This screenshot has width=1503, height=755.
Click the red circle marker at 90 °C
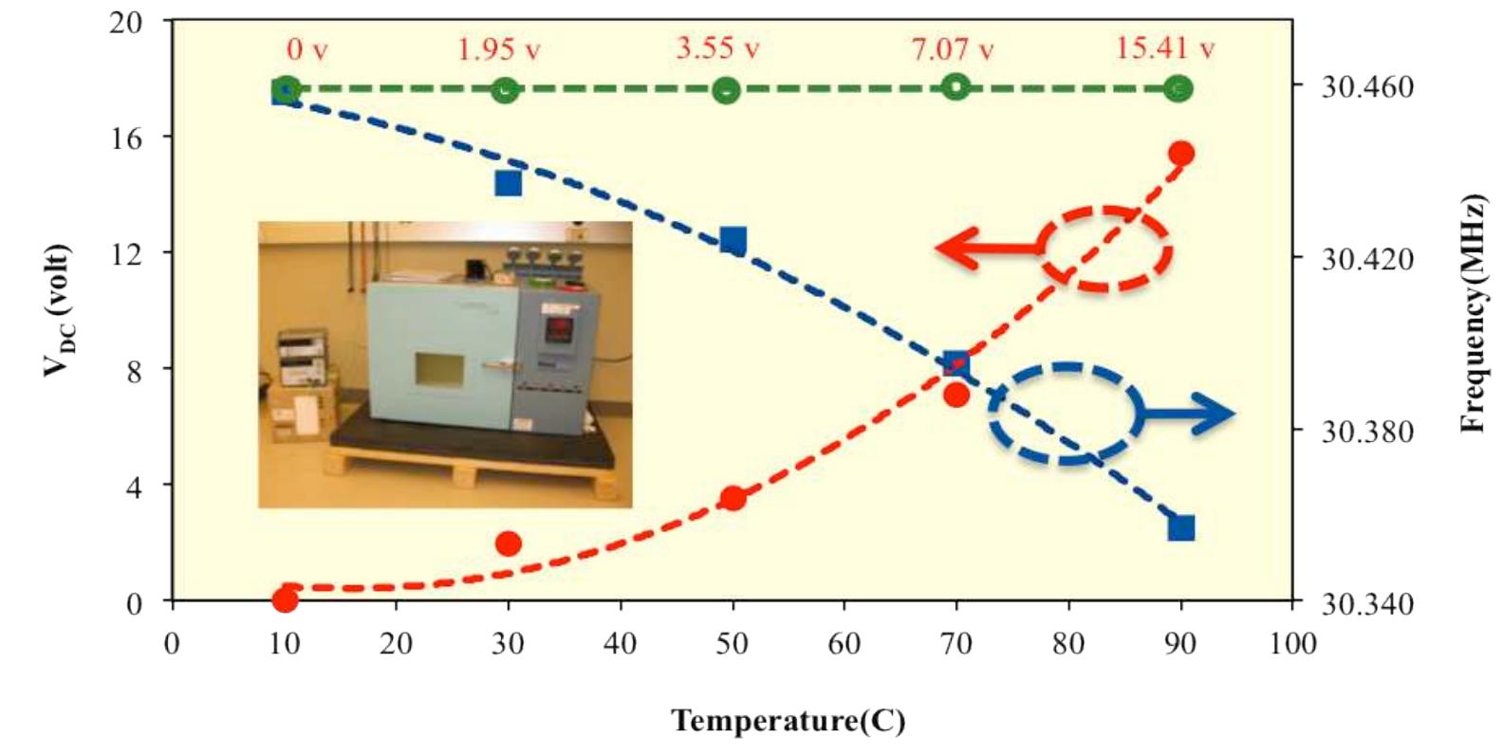coord(1180,154)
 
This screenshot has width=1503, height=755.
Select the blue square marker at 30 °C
coord(509,183)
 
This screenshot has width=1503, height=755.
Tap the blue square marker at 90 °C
coord(1181,528)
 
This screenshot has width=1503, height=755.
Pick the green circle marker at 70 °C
coord(956,86)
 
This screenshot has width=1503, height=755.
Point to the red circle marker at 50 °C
coord(733,498)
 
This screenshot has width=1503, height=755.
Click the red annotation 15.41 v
coord(1164,48)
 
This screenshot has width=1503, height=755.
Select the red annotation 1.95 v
coord(498,49)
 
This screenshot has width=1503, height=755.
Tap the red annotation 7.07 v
coord(953,49)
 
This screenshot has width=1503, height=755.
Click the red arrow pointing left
coord(987,249)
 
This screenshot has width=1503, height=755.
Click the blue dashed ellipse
coord(1065,414)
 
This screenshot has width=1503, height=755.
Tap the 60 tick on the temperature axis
coord(844,644)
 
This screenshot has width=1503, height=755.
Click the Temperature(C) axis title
coord(789,721)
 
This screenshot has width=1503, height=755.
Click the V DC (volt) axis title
coord(56,310)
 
